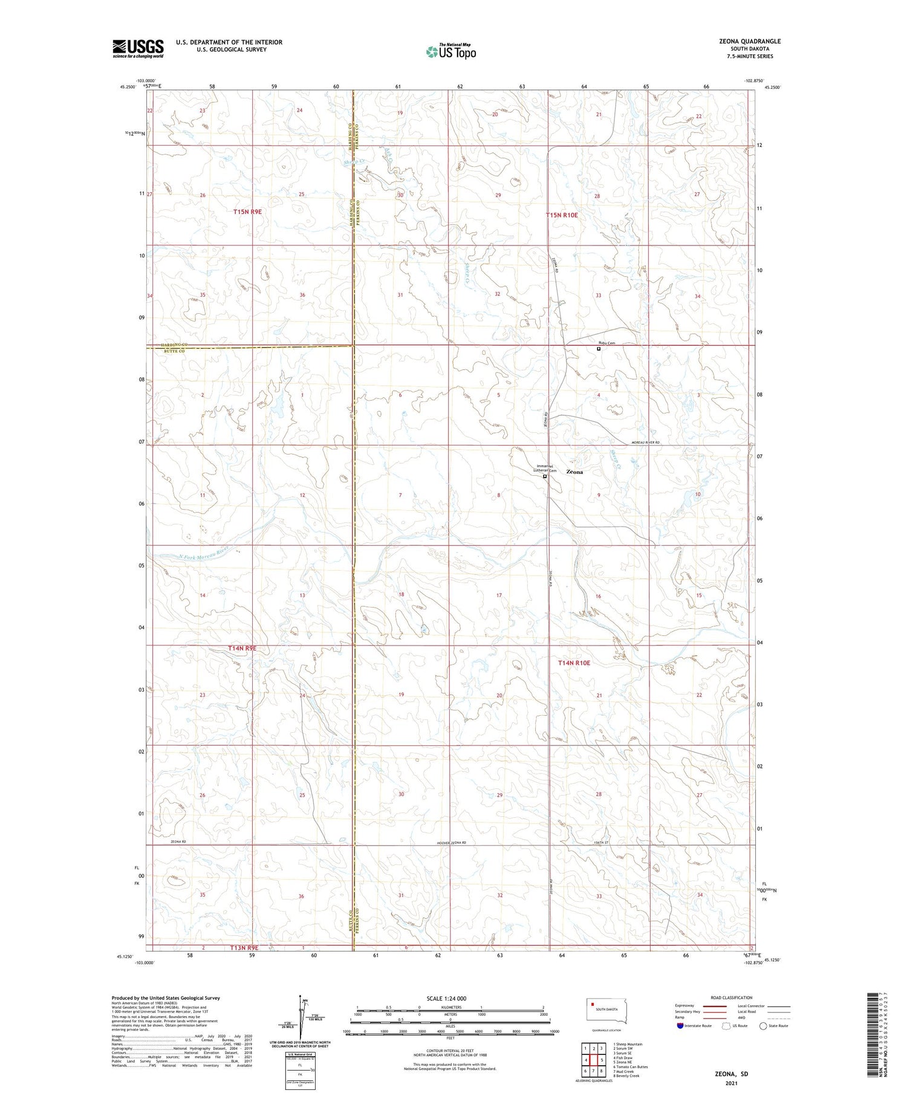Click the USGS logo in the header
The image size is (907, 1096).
(138, 48)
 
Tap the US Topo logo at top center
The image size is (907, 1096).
(451, 52)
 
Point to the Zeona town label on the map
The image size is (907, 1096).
(574, 472)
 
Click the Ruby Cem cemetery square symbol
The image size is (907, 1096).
(599, 349)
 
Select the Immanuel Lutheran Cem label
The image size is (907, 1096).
(543, 468)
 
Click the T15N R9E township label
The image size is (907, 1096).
(248, 212)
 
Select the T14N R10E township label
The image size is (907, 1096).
(574, 663)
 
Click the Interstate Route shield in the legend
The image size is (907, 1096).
(680, 1025)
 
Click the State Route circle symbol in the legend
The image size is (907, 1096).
(763, 1025)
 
